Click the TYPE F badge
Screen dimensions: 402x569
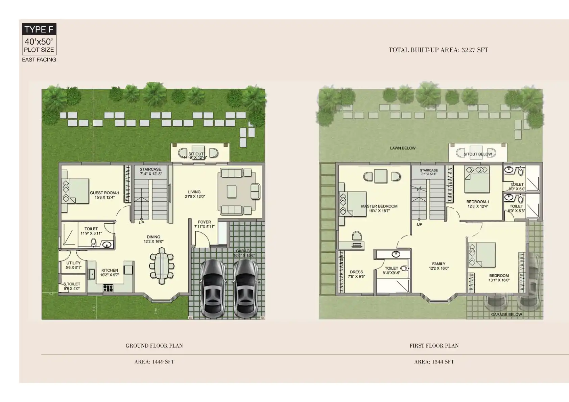click(x=39, y=29)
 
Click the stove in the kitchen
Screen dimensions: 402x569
click(x=108, y=288)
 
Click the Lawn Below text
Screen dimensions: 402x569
click(x=403, y=148)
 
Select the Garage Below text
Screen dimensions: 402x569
click(x=506, y=315)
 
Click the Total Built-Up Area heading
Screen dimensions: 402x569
click(x=438, y=50)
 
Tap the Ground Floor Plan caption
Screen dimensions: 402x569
click(x=154, y=346)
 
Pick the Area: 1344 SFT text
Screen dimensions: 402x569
click(x=434, y=362)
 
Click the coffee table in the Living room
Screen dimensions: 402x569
click(x=232, y=191)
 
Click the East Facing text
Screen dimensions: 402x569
click(x=39, y=59)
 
